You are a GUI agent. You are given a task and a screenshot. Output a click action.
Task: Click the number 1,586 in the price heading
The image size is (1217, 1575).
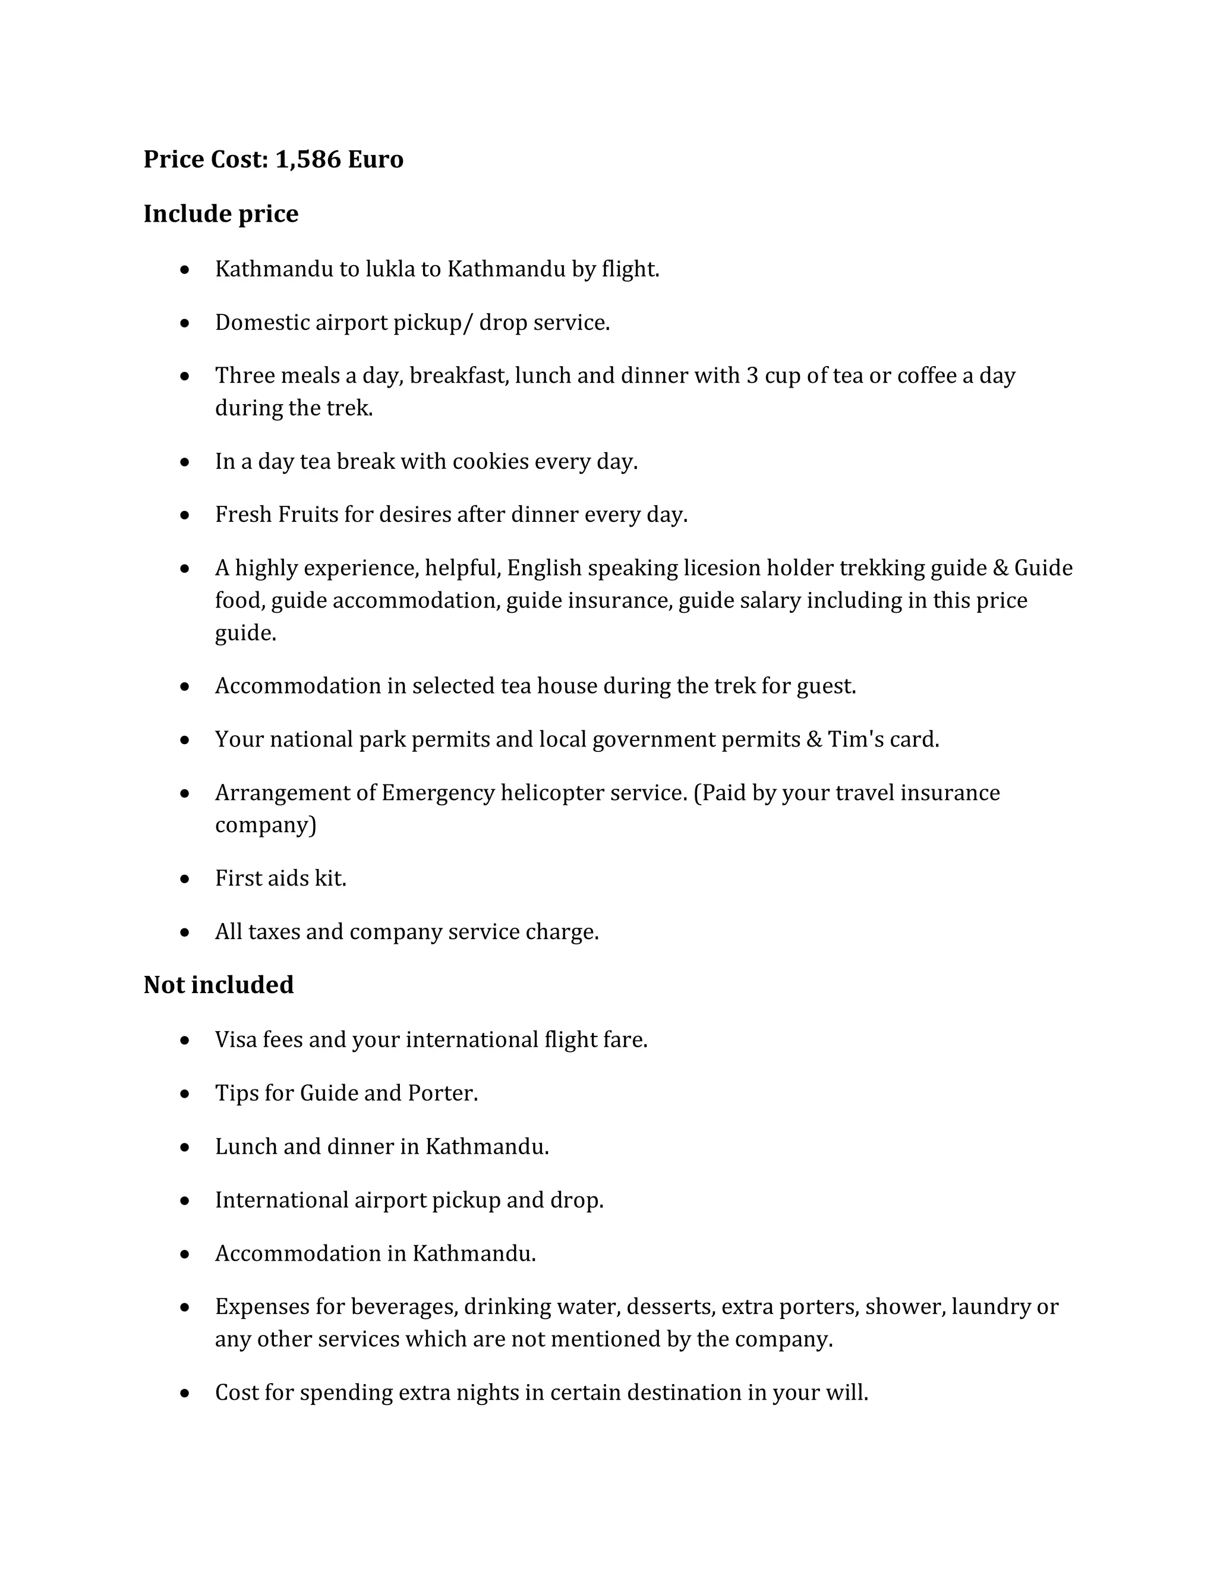coord(308,159)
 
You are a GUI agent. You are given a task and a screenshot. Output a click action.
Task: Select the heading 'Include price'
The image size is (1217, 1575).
coord(220,214)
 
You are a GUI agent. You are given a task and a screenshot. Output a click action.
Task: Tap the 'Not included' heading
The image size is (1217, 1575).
coord(219,985)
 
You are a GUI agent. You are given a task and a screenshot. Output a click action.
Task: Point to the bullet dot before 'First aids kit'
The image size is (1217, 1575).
coord(185,880)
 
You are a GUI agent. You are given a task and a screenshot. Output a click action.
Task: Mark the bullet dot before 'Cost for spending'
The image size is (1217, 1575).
coord(185,1394)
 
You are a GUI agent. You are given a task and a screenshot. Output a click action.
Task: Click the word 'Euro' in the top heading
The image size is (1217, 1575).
coord(375,159)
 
